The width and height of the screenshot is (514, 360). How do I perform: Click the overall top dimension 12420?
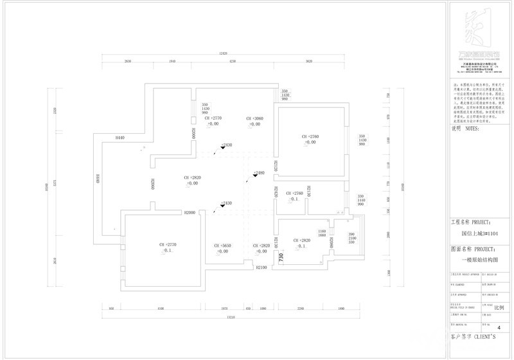(223, 53)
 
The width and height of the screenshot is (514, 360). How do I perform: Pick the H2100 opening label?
(261, 267)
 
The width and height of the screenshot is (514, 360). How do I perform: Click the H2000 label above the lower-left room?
(190, 212)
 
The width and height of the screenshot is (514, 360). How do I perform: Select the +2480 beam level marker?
(260, 173)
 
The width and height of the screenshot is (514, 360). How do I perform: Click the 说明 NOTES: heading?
(466, 129)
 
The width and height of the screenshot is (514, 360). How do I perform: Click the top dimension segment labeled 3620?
(309, 61)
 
